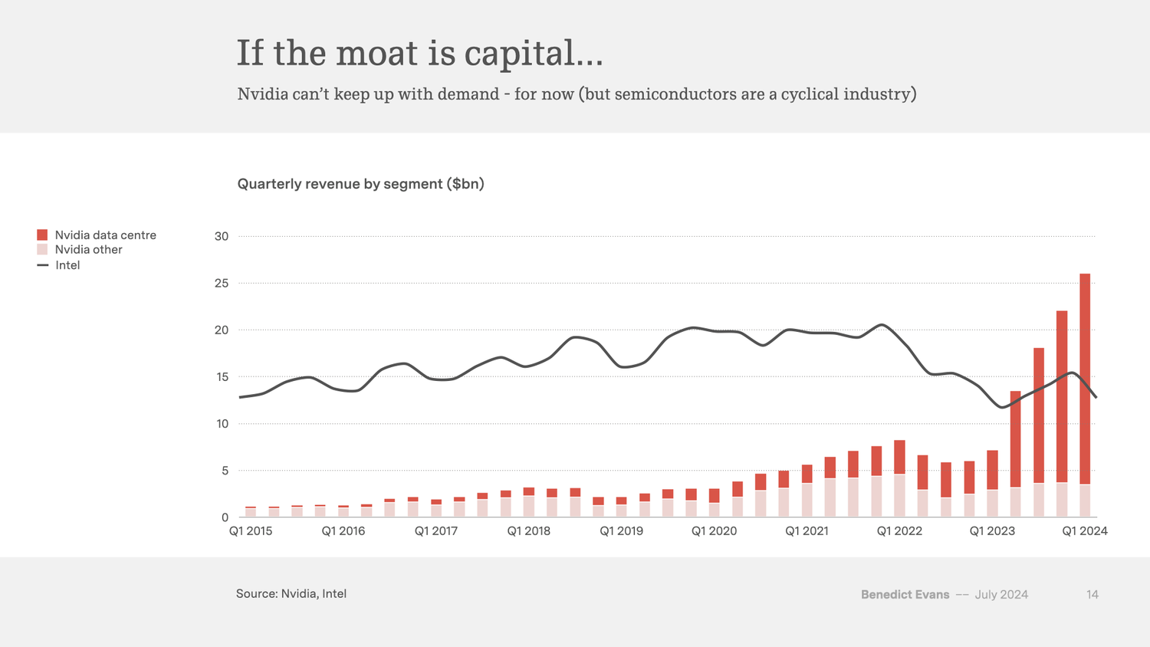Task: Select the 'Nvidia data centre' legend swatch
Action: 42,235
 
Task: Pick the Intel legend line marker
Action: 43,265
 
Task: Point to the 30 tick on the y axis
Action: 222,236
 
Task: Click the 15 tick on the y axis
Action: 222,377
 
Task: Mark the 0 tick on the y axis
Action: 225,517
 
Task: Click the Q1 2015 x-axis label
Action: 251,531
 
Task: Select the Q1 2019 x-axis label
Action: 621,531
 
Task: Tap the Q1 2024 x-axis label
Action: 1084,531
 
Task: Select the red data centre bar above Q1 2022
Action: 899,457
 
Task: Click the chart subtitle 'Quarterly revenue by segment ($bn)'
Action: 360,184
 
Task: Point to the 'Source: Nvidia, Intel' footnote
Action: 291,593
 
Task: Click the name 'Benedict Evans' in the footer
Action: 905,594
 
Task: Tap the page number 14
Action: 1092,594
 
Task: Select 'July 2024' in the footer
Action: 1001,594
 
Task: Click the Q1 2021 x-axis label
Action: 807,531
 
